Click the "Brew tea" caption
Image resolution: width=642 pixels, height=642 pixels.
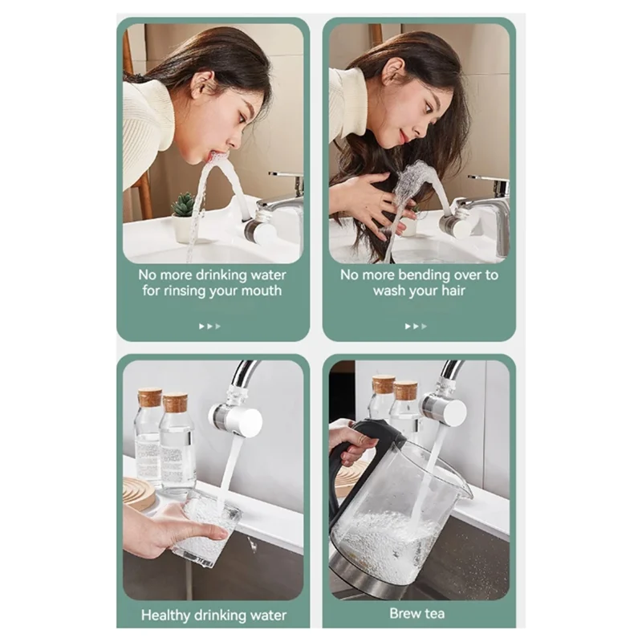click(417, 614)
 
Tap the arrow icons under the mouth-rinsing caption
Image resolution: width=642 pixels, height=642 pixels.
click(210, 326)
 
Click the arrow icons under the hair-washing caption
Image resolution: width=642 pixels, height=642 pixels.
click(416, 326)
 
